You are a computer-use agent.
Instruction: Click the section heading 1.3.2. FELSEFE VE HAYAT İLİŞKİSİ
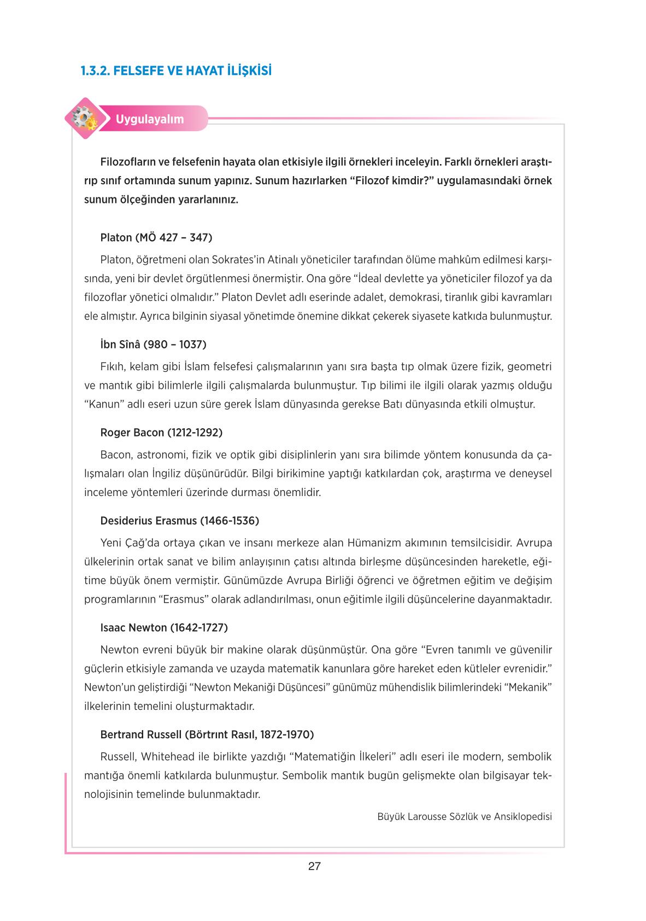[175, 71]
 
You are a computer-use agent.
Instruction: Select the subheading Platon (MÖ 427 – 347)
[156, 237]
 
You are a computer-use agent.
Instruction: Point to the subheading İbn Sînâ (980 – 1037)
[153, 345]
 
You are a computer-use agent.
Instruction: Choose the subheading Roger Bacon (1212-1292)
[161, 433]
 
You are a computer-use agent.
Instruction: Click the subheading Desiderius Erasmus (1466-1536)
[179, 521]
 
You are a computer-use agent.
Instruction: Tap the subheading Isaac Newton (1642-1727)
[164, 627]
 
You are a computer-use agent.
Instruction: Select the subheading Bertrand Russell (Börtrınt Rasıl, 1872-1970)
[207, 735]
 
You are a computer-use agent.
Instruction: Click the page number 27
[314, 866]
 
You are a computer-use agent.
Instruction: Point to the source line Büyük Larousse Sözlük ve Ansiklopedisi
[464, 817]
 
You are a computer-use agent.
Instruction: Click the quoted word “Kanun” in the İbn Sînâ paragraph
[102, 405]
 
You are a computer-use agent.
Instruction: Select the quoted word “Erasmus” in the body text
[185, 599]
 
